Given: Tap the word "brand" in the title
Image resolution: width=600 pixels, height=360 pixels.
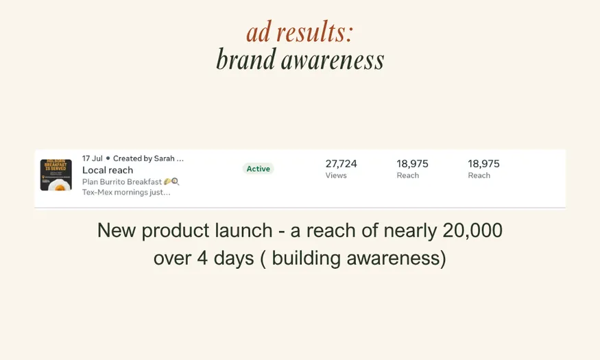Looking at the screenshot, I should [245, 60].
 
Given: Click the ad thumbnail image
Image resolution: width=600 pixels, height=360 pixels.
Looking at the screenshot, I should [56, 175].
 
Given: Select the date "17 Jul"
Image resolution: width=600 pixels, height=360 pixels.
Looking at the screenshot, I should [92, 158].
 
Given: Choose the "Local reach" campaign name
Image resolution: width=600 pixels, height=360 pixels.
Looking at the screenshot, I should [108, 170].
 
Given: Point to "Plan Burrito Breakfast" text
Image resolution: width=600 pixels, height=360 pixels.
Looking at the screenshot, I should [122, 182].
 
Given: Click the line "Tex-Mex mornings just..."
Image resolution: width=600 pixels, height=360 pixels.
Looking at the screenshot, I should [126, 192].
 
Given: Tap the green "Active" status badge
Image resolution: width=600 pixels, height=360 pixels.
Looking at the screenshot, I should [258, 169].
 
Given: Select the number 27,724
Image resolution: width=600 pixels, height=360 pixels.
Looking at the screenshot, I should [341, 164].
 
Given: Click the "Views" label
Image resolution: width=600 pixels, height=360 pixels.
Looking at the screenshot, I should [336, 176].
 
